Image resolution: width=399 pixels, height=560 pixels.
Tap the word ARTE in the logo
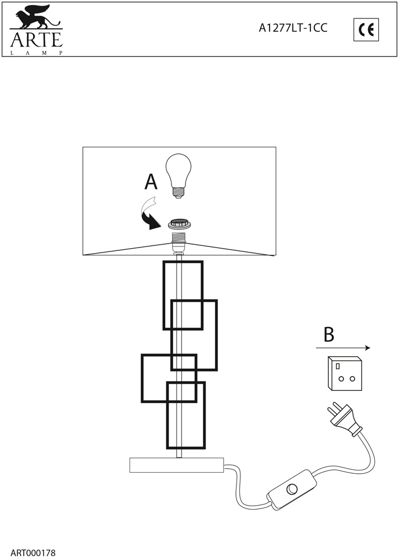pyautogui.click(x=35, y=40)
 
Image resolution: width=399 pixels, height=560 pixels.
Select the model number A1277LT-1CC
pyautogui.click(x=293, y=30)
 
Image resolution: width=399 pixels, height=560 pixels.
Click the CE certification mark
pyautogui.click(x=367, y=30)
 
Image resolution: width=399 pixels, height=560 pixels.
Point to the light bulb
pyautogui.click(x=178, y=174)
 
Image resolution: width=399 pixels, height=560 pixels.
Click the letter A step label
pyautogui.click(x=151, y=181)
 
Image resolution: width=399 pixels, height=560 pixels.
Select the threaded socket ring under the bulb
pyautogui.click(x=179, y=223)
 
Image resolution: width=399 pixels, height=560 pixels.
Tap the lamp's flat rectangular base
pyautogui.click(x=177, y=465)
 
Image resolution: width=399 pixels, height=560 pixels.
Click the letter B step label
pyautogui.click(x=329, y=334)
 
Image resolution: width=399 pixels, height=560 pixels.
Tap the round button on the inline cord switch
pyautogui.click(x=291, y=491)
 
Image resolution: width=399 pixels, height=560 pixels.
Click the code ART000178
pyautogui.click(x=33, y=553)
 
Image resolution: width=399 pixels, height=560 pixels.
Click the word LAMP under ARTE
pyautogui.click(x=35, y=53)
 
